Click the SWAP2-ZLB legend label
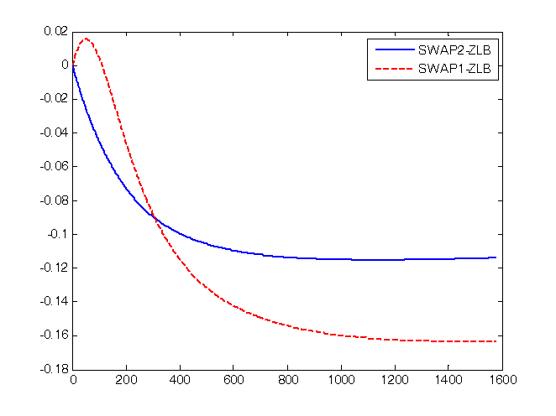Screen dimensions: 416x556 (454, 49)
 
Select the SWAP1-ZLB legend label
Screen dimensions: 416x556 (454, 70)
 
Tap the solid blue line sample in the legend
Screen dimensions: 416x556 (392, 49)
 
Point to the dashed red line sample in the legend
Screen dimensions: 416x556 (392, 70)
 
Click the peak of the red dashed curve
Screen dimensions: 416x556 (86, 39)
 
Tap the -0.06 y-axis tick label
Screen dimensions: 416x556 (54, 166)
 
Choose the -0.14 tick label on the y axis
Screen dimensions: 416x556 (54, 301)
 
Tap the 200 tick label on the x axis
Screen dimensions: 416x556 (127, 380)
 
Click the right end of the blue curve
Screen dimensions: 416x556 (496, 257)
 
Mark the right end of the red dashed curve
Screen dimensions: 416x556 (496, 341)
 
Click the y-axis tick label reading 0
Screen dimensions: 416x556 (65, 65)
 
